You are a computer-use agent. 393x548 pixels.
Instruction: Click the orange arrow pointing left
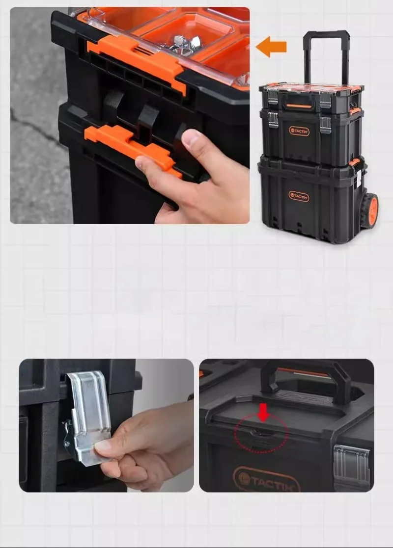click(x=271, y=47)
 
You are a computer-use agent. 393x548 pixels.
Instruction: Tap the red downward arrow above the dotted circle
click(x=263, y=413)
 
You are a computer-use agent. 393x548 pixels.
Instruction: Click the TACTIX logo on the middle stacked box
click(x=299, y=131)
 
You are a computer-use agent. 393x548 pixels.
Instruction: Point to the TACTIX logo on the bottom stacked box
click(x=299, y=196)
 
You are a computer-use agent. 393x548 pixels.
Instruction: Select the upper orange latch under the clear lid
click(x=137, y=61)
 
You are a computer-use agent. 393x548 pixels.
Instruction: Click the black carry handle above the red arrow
click(x=305, y=379)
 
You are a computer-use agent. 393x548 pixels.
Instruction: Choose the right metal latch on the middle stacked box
click(x=325, y=126)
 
